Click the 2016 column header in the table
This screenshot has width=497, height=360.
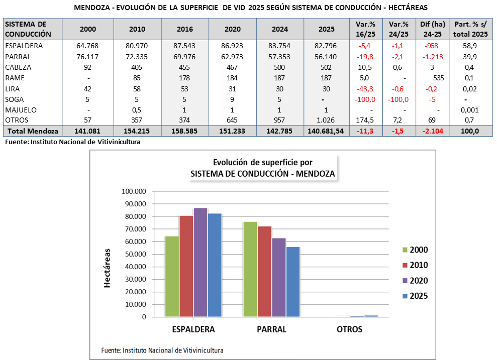click(x=184, y=29)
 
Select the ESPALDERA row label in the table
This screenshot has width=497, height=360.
click(x=24, y=46)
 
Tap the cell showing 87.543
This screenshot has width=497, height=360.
click(x=184, y=46)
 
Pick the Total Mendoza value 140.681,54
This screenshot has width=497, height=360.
click(x=327, y=131)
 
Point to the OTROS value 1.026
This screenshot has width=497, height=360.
click(x=327, y=120)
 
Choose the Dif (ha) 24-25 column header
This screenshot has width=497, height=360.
click(x=431, y=29)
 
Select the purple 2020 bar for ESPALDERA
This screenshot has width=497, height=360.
click(x=201, y=262)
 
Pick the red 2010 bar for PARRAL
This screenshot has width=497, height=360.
click(x=264, y=272)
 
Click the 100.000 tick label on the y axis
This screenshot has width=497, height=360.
click(x=134, y=191)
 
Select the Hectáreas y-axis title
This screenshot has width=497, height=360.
click(x=107, y=268)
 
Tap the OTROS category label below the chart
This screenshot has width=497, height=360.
click(x=349, y=330)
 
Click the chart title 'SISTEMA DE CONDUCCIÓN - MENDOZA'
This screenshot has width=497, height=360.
click(x=263, y=174)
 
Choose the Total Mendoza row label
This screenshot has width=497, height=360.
click(x=31, y=131)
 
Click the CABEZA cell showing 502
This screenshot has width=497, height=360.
click(x=327, y=67)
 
